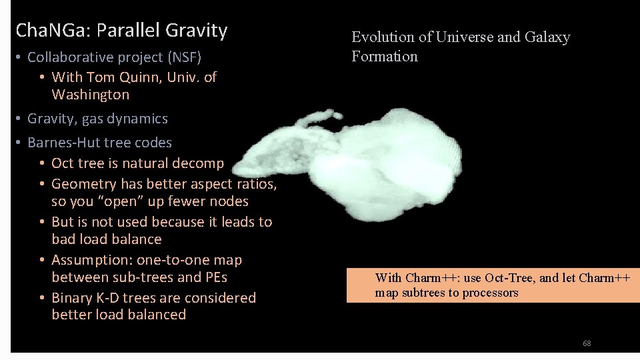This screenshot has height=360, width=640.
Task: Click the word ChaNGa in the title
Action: click(52, 31)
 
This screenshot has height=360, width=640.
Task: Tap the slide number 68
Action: click(587, 343)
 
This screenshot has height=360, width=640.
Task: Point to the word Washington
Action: click(90, 95)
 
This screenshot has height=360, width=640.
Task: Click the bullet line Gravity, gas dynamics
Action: click(97, 119)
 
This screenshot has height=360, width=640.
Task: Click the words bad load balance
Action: click(106, 239)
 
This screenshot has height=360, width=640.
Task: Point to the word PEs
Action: click(213, 277)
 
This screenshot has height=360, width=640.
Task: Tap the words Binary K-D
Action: click(87, 298)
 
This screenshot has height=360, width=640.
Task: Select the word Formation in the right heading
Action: click(385, 57)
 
